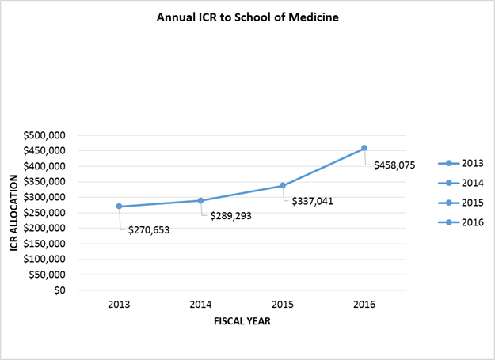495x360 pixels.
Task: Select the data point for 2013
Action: coord(119,207)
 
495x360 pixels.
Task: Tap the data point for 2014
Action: coord(201,200)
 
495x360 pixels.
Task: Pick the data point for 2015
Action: coord(283,186)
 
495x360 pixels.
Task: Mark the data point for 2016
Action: coord(364,148)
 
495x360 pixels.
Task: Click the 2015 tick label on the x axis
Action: coord(283,304)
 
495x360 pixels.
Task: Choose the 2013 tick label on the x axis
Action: coord(119,304)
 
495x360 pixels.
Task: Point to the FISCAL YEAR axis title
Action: coord(242,321)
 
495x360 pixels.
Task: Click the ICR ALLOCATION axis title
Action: coord(13,212)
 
